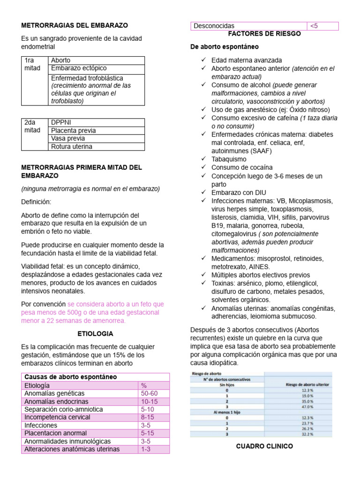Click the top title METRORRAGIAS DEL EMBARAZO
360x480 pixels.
(75, 25)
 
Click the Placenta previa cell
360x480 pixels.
(73, 130)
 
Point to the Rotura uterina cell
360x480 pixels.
(71, 147)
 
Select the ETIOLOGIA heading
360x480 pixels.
(95, 334)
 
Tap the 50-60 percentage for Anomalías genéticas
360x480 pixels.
(149, 393)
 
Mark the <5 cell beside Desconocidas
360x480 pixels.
(314, 26)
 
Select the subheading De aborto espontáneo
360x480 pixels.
(225, 47)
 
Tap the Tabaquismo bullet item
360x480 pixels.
(229, 159)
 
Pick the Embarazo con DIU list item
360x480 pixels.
(239, 192)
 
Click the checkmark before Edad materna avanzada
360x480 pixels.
(203, 60)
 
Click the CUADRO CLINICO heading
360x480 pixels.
(265, 446)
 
